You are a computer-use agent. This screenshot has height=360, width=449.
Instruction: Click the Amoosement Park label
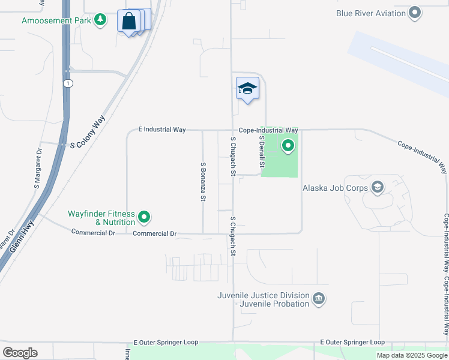pos(56,20)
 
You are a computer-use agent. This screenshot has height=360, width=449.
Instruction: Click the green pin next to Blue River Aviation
pos(415,13)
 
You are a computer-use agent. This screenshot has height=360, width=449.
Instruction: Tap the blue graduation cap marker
pos(247,89)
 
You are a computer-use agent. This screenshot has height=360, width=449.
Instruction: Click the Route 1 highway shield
pos(69,83)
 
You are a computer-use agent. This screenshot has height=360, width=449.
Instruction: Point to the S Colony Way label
pos(87,131)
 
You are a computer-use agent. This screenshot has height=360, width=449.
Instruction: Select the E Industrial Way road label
pos(161,129)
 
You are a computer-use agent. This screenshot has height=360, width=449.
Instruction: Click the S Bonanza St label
pos(203,181)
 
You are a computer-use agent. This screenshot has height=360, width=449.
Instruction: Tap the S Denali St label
pos(262,151)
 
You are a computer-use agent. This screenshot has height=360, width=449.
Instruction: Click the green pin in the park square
pos(288,146)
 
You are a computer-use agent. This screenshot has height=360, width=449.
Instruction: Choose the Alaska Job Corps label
pos(336,187)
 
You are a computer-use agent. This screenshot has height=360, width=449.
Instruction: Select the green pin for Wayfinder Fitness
pos(144,217)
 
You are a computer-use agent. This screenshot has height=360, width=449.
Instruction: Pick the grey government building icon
pos(319,299)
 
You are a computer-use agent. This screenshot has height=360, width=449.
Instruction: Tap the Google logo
pos(20,353)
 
